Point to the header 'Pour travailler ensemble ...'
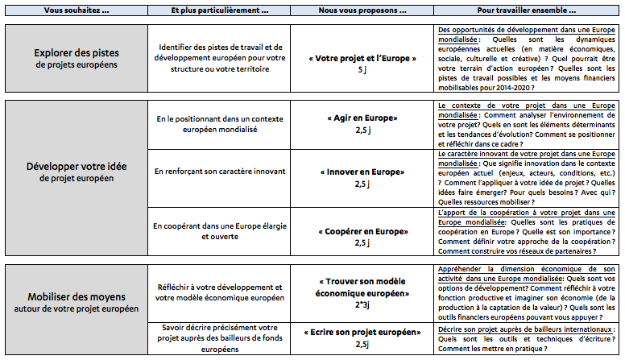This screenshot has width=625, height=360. click(528, 9)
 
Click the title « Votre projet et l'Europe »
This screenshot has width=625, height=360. click(362, 59)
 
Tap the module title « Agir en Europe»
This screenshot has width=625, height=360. click(362, 118)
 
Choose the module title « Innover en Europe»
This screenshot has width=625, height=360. click(362, 172)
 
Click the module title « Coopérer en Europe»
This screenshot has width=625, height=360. click(362, 231)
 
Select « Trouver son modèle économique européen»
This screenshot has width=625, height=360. click(362, 288)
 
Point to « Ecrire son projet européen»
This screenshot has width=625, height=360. click(362, 332)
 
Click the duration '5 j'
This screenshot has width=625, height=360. click(362, 71)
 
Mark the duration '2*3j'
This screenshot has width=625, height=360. click(362, 305)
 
